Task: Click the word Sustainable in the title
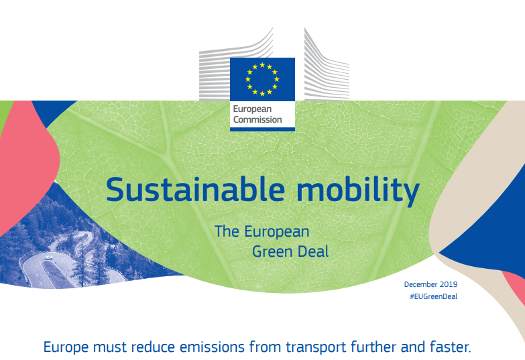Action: pyautogui.click(x=196, y=189)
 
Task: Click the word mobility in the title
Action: pyautogui.click(x=357, y=191)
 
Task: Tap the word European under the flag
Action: pyautogui.click(x=252, y=109)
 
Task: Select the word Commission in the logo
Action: pyautogui.click(x=257, y=119)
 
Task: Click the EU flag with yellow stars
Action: pyautogui.click(x=262, y=79)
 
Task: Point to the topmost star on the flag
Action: pyautogui.click(x=262, y=64)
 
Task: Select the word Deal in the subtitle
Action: pyautogui.click(x=313, y=251)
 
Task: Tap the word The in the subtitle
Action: pyautogui.click(x=227, y=231)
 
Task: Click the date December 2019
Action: pyautogui.click(x=430, y=284)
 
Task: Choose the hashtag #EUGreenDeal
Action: pyautogui.click(x=434, y=296)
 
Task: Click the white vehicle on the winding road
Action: pyautogui.click(x=48, y=257)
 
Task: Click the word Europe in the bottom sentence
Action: pyautogui.click(x=66, y=347)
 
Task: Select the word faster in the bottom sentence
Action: pyautogui.click(x=451, y=347)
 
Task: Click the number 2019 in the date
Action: pyautogui.click(x=449, y=284)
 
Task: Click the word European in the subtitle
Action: pyautogui.click(x=276, y=232)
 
